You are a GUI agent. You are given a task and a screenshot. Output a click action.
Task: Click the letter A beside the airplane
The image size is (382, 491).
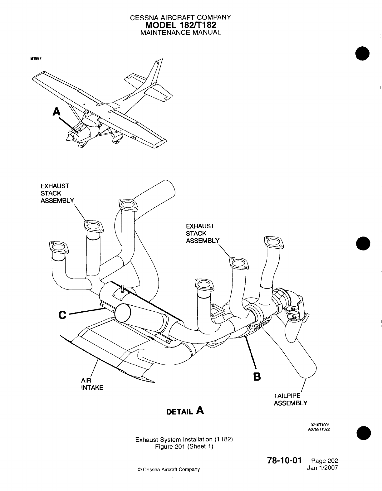pos(56,111)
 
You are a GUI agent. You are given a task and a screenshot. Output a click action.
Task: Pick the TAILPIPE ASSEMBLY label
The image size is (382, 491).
pos(290,399)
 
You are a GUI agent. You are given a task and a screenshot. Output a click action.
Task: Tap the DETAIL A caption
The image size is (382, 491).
pos(185,411)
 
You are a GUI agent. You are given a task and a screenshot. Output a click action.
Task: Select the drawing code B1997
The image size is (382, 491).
pos(36,59)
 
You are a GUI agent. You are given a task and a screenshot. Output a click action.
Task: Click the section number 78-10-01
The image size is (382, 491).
pos(284,461)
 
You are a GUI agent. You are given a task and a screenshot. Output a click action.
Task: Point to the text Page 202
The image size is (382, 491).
pos(325,461)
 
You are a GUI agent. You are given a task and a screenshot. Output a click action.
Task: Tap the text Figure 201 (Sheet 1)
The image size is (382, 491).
pos(184,446)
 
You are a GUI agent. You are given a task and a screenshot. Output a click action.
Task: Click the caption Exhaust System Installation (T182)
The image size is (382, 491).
pos(184,440)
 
